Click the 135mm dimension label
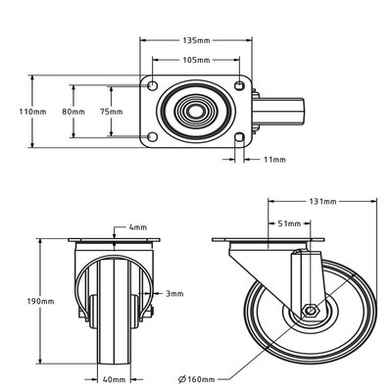pos(196,40)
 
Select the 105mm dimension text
pos(196,60)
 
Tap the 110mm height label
pos(32,112)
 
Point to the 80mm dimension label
pos(73,112)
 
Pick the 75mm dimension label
pos(111,112)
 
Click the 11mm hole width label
pos(274,160)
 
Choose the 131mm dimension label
pos(322,201)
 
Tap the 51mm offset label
pos(289,223)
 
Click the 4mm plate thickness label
pos(138,227)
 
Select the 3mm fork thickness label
pos(174,294)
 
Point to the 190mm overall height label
pos(40,301)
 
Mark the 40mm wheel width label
pos(114,379)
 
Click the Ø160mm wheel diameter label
pos(197,379)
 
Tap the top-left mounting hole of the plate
pos(152,85)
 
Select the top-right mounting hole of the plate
pos(239,85)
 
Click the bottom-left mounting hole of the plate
pos(152,137)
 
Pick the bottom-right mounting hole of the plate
pos(239,137)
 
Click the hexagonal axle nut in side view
pos(310,312)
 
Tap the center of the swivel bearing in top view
pos(195,112)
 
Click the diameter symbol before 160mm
pos(182,379)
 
